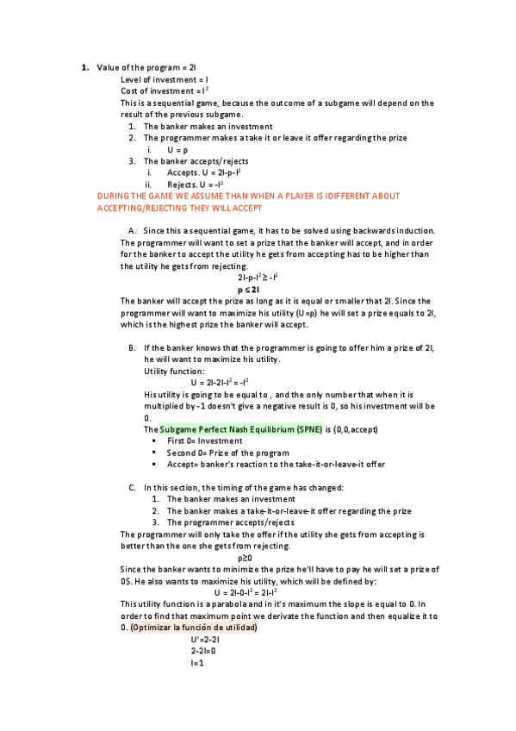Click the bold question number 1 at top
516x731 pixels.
point(84,67)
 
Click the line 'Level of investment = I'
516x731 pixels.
point(165,79)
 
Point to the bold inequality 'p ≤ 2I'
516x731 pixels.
point(257,290)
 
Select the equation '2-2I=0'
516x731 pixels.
point(205,651)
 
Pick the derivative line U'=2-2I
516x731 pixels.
point(205,640)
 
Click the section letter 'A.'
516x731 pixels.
point(133,231)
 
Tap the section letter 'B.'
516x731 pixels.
point(133,347)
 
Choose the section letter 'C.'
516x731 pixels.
point(133,488)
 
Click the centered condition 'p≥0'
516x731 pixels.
point(257,558)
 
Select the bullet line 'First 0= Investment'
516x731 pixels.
point(205,441)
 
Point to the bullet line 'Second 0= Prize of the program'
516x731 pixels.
point(227,453)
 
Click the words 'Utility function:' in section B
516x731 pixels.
point(174,371)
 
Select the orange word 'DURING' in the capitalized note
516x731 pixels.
point(115,197)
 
